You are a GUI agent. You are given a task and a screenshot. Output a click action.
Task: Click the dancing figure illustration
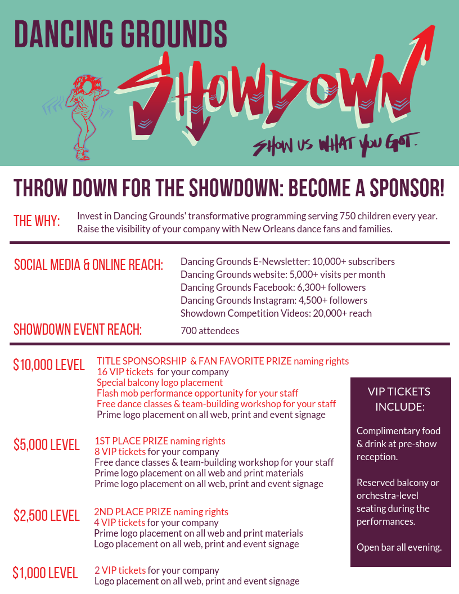click(x=85, y=115)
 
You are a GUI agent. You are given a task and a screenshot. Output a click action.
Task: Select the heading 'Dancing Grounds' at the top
click(x=120, y=34)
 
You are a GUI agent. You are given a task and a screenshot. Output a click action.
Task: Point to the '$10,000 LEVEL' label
click(x=49, y=364)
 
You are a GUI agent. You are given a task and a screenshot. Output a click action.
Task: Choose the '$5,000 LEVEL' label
click(x=47, y=444)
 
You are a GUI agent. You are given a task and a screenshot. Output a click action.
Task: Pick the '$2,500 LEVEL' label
click(x=47, y=515)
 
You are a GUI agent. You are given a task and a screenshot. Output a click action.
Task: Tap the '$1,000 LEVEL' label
click(x=45, y=573)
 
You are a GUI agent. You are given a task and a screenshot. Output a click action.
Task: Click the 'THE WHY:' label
click(x=37, y=220)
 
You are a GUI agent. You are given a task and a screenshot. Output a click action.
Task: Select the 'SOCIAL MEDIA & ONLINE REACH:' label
click(x=88, y=265)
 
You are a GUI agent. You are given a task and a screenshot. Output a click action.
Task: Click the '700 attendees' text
click(x=210, y=331)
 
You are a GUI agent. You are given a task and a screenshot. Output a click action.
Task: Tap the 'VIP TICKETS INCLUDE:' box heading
click(x=399, y=399)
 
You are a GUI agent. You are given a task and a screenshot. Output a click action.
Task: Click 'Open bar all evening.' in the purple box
click(x=399, y=547)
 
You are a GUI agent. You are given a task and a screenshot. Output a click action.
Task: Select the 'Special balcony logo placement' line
click(x=152, y=382)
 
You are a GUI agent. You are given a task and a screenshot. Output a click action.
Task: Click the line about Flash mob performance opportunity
click(x=197, y=393)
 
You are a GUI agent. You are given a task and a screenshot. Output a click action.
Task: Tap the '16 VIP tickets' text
click(x=125, y=372)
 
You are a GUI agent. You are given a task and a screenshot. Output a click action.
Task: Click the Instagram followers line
click(x=274, y=300)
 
